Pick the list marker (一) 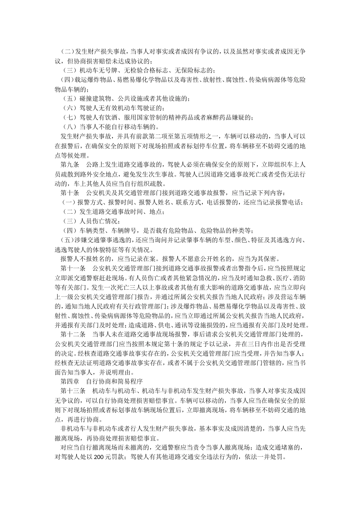pyautogui.click(x=69, y=203)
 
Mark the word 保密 pyautogui.click(x=270, y=259)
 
